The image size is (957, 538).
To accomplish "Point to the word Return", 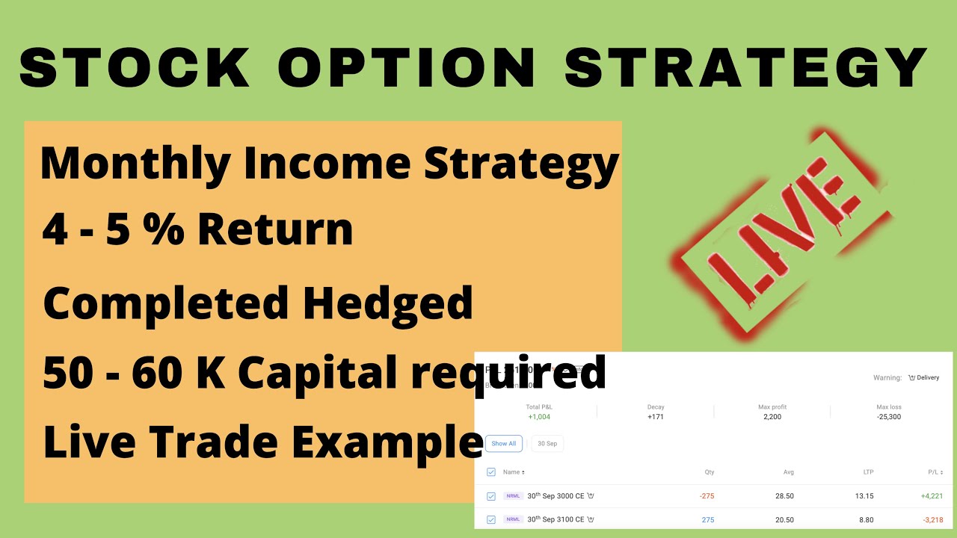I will point(276,230).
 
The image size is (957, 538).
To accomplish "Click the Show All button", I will point(503,443).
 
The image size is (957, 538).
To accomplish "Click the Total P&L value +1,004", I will point(538,417).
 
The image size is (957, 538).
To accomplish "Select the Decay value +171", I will point(656,417).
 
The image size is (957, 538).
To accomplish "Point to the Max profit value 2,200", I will point(772,417).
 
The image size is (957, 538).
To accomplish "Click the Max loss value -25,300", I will point(888,417).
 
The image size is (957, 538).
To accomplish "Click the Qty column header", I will point(709,472).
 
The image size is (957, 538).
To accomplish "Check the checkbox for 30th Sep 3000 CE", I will point(491,496).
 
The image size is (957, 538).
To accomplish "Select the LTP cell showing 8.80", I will point(864,519).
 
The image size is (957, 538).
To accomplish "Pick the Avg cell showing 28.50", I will point(784,496).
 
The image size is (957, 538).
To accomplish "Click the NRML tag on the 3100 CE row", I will point(513,519).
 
